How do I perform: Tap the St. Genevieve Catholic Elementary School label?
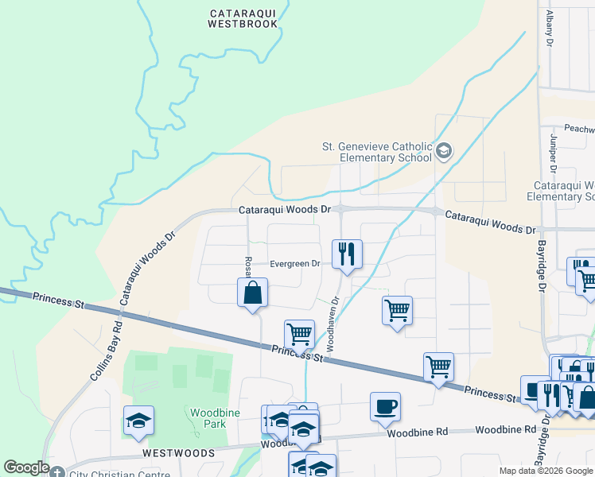(376, 151)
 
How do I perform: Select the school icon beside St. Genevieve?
(444, 150)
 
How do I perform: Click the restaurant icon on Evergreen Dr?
(346, 254)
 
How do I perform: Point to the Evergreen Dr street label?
(294, 264)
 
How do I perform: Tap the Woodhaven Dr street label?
(333, 324)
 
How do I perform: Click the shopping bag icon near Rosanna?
(252, 292)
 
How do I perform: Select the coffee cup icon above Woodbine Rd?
(385, 406)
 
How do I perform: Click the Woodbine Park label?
(208, 417)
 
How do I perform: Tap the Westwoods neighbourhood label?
(178, 452)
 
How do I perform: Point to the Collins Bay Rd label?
(105, 350)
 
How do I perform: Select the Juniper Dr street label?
(552, 152)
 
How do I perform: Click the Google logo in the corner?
(26, 467)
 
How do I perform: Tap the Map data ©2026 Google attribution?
(546, 471)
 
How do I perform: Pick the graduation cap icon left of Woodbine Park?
(138, 420)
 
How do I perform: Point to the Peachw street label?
(578, 128)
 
